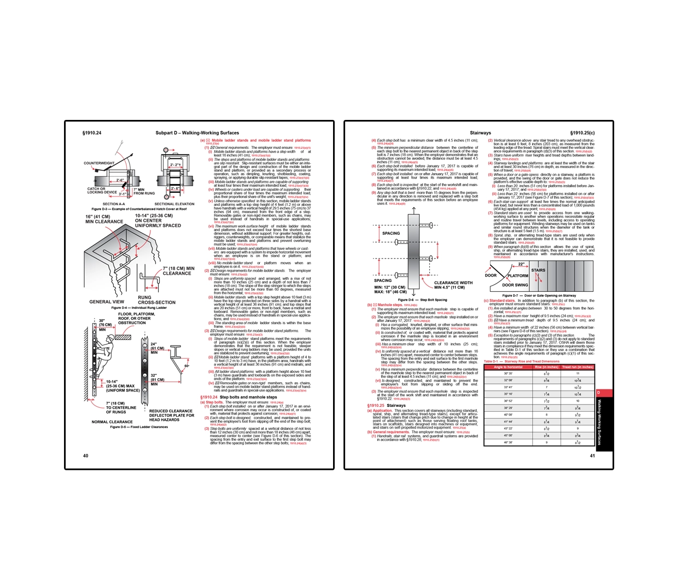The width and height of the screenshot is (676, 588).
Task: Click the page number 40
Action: [x=85, y=456]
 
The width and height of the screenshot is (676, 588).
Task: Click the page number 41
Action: [x=592, y=456]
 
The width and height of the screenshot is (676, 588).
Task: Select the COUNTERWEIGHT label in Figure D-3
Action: [x=99, y=163]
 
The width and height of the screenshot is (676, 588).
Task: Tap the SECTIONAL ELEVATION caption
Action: [x=174, y=204]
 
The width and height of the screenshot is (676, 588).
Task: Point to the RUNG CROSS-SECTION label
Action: [x=156, y=300]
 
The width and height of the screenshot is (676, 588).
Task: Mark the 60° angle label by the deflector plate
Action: [x=187, y=366]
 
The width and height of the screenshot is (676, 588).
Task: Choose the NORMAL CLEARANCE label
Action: [x=112, y=422]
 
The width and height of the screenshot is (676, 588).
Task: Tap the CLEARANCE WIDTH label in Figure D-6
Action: [x=453, y=283]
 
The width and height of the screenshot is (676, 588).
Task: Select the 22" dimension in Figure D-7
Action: [x=521, y=264]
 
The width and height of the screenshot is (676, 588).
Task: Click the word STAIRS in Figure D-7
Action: [x=538, y=270]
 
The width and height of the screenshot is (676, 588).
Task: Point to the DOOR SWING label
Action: [x=515, y=285]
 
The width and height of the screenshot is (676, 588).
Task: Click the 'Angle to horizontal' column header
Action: [x=508, y=367]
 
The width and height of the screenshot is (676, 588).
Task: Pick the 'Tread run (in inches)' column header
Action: [x=578, y=367]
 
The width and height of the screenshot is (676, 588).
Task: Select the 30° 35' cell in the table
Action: [x=508, y=373]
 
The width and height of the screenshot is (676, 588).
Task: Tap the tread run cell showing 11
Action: [x=578, y=373]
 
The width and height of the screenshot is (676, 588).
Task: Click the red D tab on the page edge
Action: [x=598, y=393]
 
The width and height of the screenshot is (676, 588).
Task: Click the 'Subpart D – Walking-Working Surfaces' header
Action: [x=197, y=133]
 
